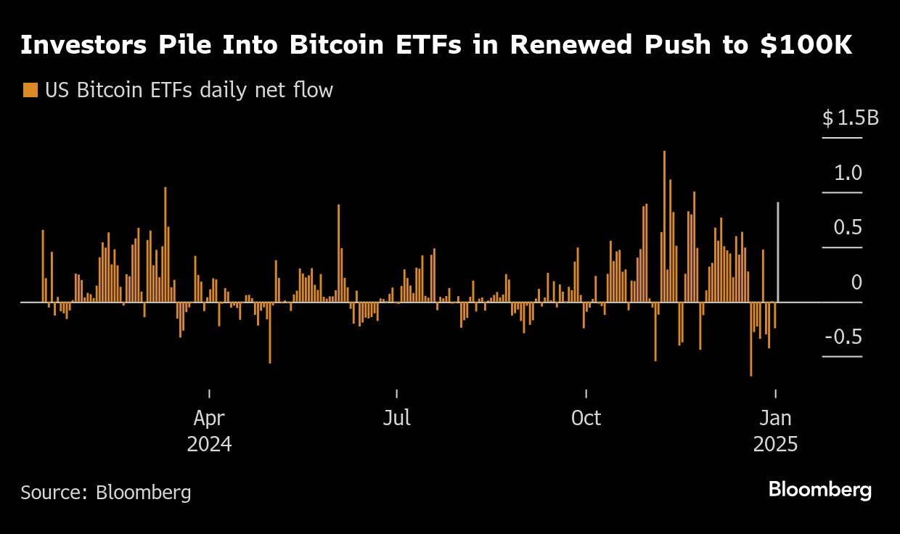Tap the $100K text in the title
pyautogui.click(x=806, y=45)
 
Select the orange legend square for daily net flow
pyautogui.click(x=30, y=91)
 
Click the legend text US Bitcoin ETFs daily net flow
pyautogui.click(x=189, y=91)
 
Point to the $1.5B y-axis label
pyautogui.click(x=850, y=118)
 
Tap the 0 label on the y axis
pyautogui.click(x=856, y=283)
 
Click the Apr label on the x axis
pyautogui.click(x=209, y=419)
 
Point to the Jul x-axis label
pyautogui.click(x=397, y=419)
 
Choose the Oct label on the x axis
pyautogui.click(x=586, y=419)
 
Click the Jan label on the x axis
pyautogui.click(x=776, y=419)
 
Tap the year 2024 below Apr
pyautogui.click(x=209, y=444)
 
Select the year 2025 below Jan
pyautogui.click(x=775, y=444)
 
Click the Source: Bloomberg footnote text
pyautogui.click(x=106, y=493)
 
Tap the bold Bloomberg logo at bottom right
pyautogui.click(x=820, y=490)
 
